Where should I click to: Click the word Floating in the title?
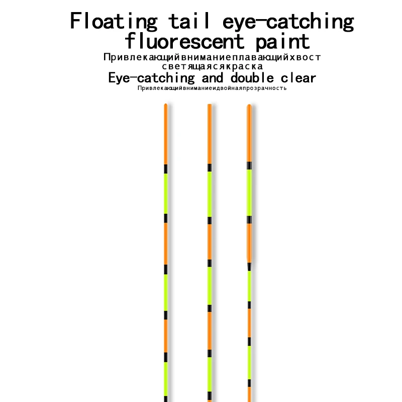[114, 22]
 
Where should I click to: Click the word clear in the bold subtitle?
[297, 78]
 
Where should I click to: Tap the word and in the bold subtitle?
[213, 78]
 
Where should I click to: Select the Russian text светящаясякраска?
[212, 66]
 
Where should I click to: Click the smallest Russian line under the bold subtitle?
[212, 88]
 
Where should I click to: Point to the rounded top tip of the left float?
[165, 105]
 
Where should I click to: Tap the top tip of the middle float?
[210, 105]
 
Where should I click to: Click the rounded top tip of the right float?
[249, 106]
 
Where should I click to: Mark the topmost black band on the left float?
[165, 169]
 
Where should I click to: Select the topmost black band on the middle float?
[210, 167]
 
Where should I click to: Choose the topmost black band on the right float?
[249, 165]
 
